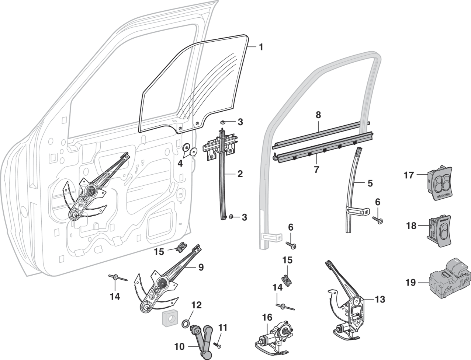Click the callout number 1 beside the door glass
[x=261, y=47]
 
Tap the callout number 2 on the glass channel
[x=240, y=174]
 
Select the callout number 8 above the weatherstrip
[x=318, y=115]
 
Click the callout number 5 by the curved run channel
[x=370, y=183]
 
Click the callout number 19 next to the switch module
[x=411, y=283]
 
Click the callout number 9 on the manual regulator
[x=201, y=267]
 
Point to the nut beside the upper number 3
[x=224, y=121]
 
